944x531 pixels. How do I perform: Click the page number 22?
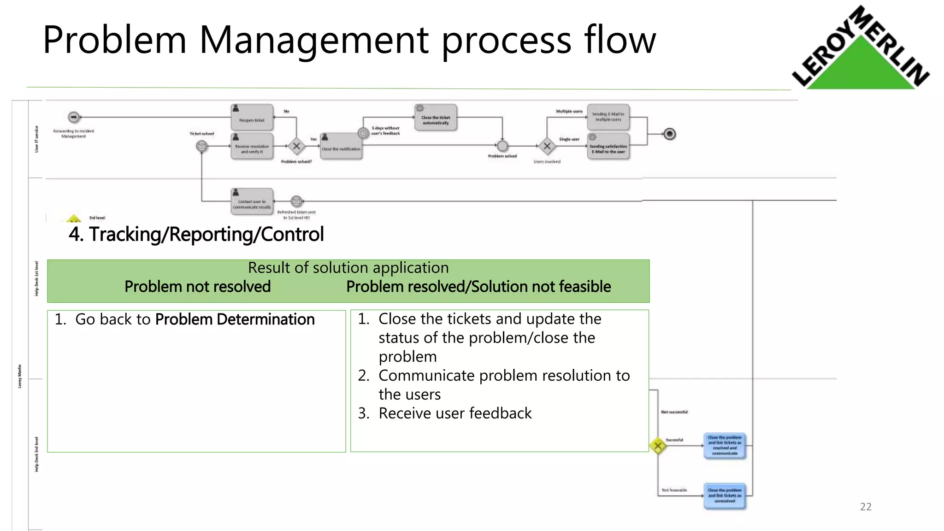click(x=866, y=507)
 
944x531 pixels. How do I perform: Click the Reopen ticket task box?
click(x=252, y=118)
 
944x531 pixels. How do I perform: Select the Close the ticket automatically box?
click(x=436, y=118)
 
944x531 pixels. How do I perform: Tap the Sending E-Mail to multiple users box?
click(x=608, y=117)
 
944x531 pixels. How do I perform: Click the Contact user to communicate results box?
click(x=252, y=201)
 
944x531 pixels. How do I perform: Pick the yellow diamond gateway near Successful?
click(x=658, y=446)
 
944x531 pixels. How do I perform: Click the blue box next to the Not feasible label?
click(x=725, y=496)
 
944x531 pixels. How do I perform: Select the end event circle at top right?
click(x=670, y=134)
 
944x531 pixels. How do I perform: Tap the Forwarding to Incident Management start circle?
click(x=74, y=117)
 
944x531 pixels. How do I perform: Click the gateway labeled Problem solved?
click(x=296, y=147)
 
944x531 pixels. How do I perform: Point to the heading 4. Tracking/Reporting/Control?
click(x=196, y=234)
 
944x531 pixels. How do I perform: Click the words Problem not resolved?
click(x=197, y=287)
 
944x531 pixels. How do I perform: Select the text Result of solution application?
click(x=348, y=268)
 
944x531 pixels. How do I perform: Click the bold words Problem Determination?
click(x=235, y=319)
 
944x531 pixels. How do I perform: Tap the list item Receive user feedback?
click(x=455, y=413)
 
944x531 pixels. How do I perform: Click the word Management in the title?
click(x=314, y=40)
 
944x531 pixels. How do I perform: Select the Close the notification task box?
click(x=341, y=147)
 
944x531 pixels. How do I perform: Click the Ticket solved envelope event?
click(x=201, y=147)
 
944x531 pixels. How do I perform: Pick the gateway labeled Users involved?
click(x=547, y=147)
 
